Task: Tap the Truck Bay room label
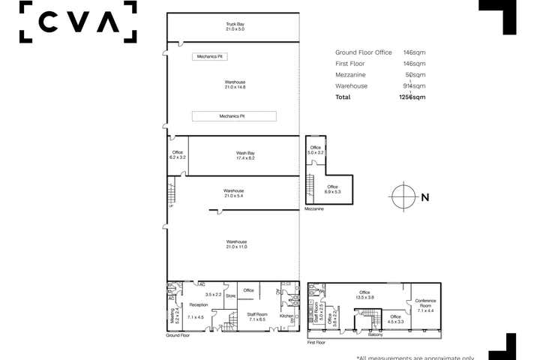(x=235, y=27)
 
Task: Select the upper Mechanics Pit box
(x=211, y=56)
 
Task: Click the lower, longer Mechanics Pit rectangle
(x=234, y=116)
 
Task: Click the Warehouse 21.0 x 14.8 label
(x=235, y=85)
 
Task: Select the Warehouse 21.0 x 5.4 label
(x=233, y=193)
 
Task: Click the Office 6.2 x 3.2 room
(x=177, y=156)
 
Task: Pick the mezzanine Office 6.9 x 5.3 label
(x=332, y=189)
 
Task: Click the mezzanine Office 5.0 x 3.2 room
(x=315, y=150)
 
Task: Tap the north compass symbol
(x=403, y=197)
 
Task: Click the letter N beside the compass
(x=425, y=198)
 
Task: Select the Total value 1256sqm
(x=412, y=97)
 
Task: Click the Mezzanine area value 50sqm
(x=415, y=74)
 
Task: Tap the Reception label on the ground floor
(x=198, y=305)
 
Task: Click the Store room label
(x=230, y=296)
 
